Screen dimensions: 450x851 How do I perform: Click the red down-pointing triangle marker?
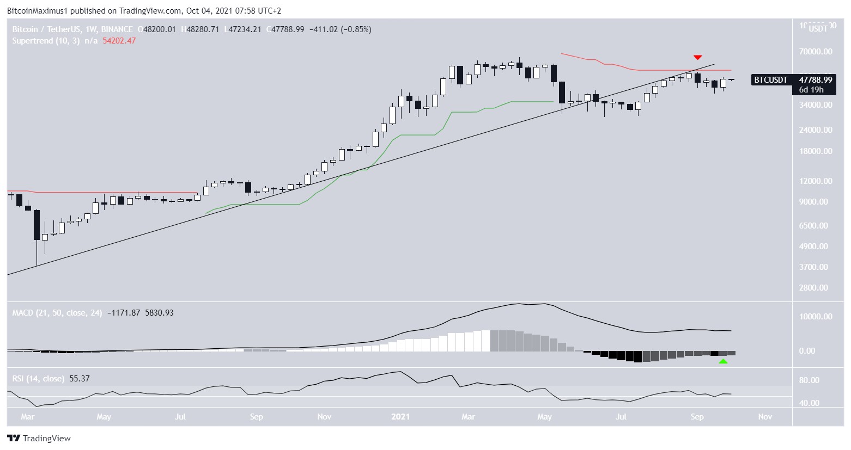point(697,57)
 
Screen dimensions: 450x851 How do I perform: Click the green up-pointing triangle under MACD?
point(723,361)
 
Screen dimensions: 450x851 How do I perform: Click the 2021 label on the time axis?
point(400,417)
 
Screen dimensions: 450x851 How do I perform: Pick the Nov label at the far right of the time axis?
point(765,417)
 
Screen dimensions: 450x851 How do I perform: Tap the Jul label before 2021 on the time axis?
point(180,417)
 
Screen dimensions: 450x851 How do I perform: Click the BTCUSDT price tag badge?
point(770,80)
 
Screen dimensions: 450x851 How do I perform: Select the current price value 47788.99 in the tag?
point(812,80)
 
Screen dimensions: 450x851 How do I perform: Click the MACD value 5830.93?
point(159,313)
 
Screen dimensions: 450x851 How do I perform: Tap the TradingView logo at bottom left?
point(39,439)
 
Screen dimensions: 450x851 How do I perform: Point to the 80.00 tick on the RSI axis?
point(809,380)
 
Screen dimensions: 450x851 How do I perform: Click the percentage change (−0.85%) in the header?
point(356,29)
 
